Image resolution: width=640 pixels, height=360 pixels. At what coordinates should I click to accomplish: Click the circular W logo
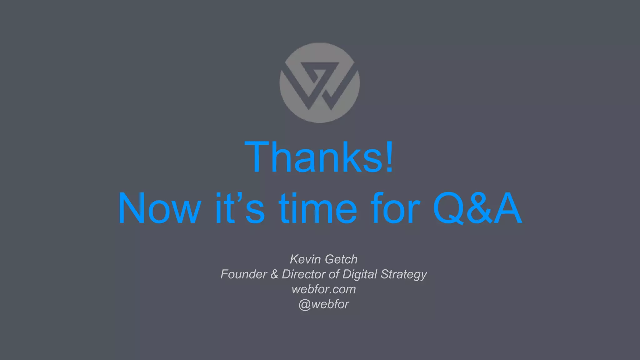point(319,83)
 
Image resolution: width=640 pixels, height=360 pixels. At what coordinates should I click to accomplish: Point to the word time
point(318,208)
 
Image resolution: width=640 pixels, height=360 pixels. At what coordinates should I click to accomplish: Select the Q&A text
point(477,208)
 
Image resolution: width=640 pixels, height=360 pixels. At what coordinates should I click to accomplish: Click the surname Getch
point(341,259)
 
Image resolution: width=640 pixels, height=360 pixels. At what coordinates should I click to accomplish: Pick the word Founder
point(244,274)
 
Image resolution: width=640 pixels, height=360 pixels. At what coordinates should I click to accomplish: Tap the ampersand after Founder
point(274,274)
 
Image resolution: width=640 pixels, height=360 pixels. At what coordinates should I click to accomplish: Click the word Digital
point(360,274)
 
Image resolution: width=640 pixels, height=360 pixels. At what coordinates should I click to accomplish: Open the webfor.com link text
point(323,289)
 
